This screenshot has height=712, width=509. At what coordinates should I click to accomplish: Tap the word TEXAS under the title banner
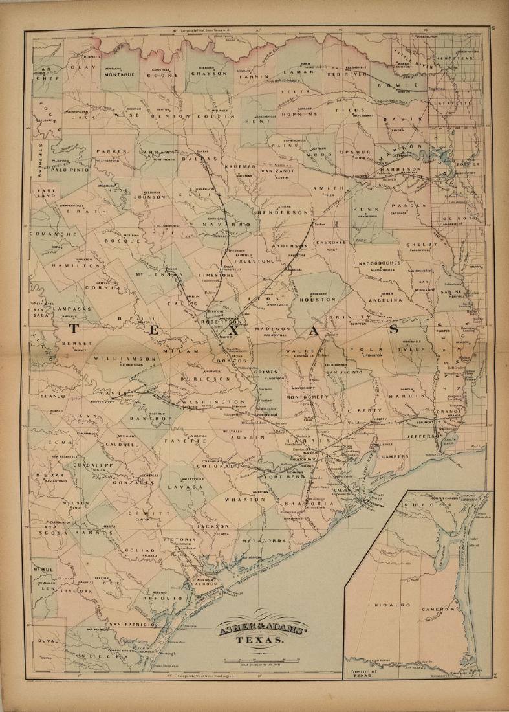click(259, 641)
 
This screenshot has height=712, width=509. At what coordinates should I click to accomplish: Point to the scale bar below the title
click(259, 660)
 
